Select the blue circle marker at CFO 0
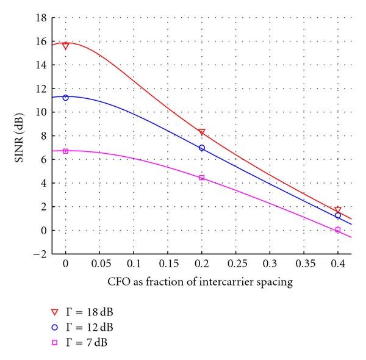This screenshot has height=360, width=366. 65,98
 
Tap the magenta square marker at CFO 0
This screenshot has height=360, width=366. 65,151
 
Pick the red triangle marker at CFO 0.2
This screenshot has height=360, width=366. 202,132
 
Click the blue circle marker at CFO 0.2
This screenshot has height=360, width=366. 202,148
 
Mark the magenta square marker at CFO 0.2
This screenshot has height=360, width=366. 202,178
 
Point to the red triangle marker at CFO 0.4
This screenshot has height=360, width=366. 338,210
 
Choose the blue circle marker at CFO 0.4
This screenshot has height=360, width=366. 338,215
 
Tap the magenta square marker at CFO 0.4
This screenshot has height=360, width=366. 338,229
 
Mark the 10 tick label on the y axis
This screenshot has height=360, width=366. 40,112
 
